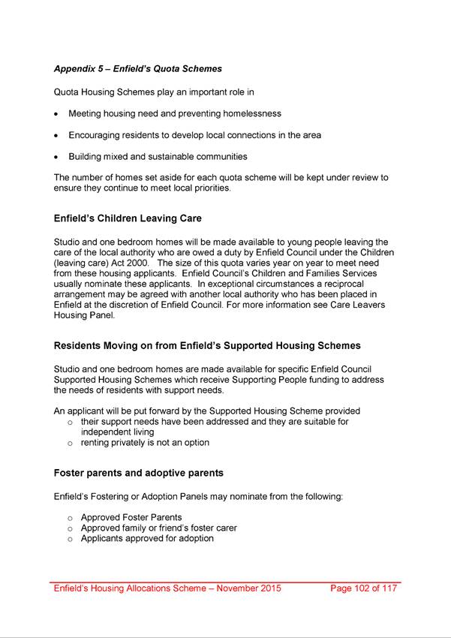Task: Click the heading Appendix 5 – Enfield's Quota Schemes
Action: pos(137,69)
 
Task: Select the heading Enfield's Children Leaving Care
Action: pos(128,219)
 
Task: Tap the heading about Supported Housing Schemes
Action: pos(207,346)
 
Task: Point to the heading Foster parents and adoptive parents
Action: pos(138,474)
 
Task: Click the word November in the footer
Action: pos(238,588)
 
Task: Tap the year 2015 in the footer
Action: pos(270,588)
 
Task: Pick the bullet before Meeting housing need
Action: pos(57,114)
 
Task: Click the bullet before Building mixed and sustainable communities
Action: pos(57,158)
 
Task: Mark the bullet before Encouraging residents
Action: pos(57,136)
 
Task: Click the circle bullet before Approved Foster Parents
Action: pos(70,518)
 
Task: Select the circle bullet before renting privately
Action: pos(70,444)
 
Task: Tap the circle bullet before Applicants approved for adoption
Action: pos(70,539)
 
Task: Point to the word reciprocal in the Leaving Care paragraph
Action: pos(364,284)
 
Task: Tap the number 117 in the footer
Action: pos(387,588)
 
